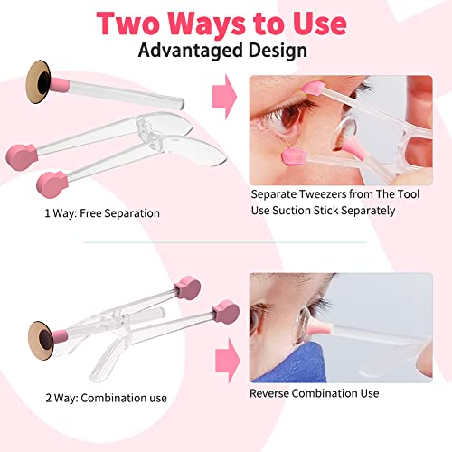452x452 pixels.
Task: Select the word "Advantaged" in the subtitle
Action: point(188,50)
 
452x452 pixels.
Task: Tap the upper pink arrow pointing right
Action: point(224,99)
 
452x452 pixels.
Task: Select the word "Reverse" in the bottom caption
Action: point(276,393)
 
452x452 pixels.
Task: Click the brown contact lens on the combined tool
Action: point(43,334)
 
